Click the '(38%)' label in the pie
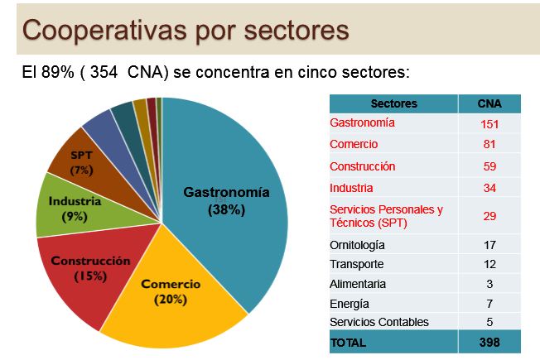pos(226,209)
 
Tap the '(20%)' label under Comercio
pos(171,299)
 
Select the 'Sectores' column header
pos(393,104)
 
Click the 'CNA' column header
pos(489,104)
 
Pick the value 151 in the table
pos(489,124)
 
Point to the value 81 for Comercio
pos(489,145)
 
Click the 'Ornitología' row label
pos(357,245)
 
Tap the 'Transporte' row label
pos(356,265)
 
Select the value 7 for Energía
pos(489,303)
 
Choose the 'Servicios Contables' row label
pos(378,322)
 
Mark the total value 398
pos(489,342)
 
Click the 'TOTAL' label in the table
pos(348,342)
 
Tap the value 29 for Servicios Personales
pos(489,215)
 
